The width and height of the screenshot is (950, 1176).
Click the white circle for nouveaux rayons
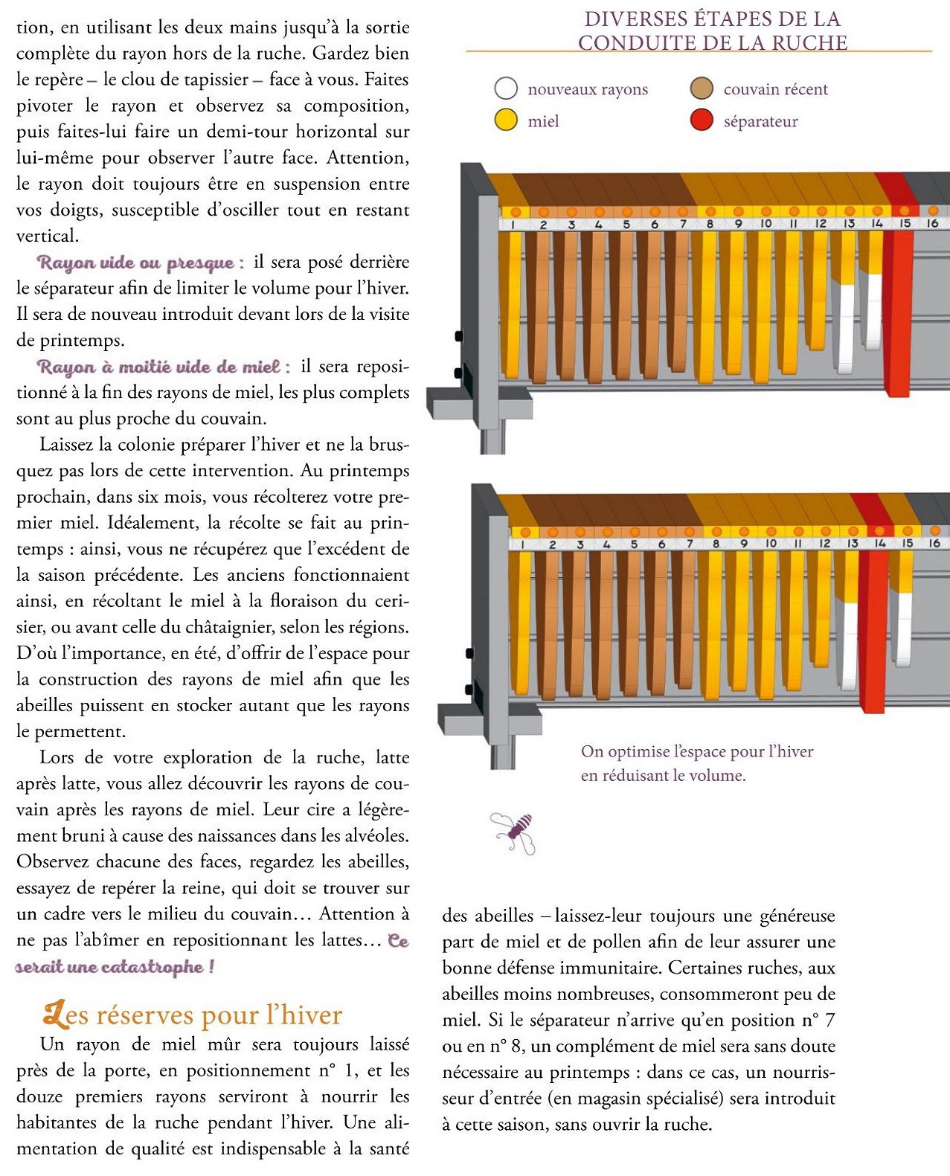[506, 89]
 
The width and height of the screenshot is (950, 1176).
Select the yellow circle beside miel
[506, 121]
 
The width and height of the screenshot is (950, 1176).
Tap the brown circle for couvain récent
[702, 89]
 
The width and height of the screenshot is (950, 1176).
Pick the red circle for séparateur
[702, 121]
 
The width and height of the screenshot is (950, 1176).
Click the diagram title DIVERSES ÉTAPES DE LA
[712, 19]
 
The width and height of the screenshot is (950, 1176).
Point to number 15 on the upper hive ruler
[905, 223]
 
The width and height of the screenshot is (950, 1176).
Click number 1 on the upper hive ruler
[513, 225]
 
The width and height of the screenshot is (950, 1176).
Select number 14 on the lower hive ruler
[879, 544]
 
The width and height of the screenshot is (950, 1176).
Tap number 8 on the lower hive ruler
[716, 544]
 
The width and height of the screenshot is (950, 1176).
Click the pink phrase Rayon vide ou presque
[140, 263]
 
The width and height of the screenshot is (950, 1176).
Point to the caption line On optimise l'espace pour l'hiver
[697, 751]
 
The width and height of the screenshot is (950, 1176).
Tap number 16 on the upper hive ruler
[932, 223]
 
